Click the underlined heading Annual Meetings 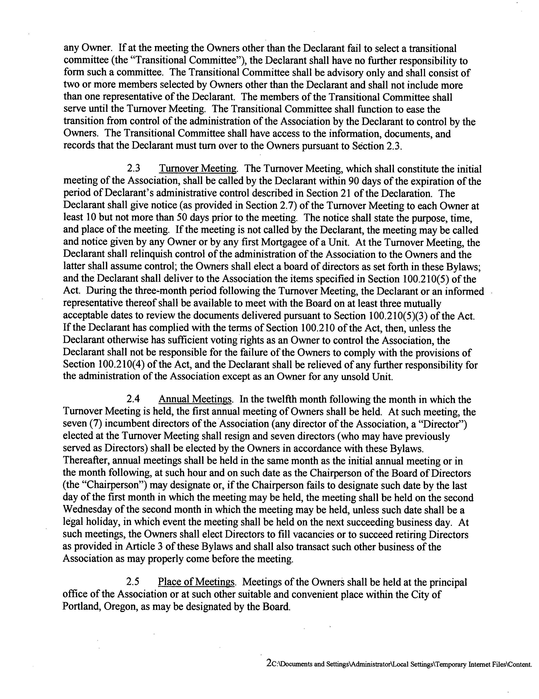tap(195, 399)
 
